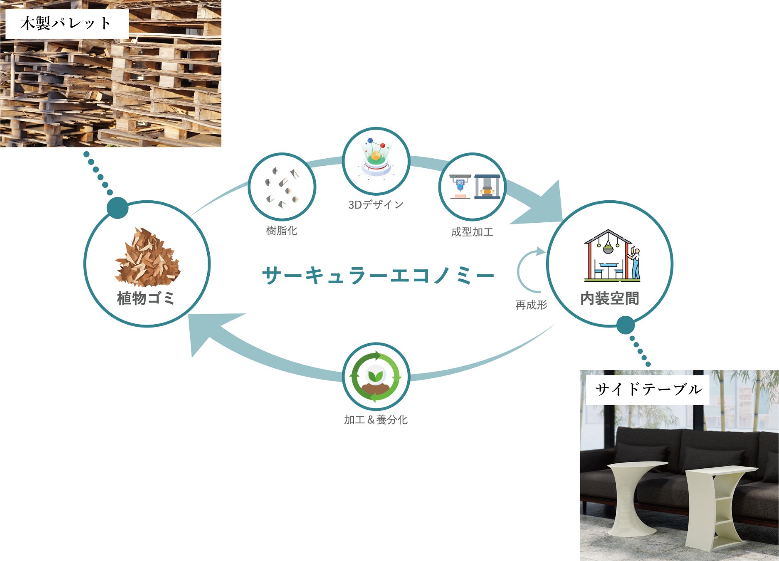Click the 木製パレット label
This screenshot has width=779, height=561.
coord(66,23)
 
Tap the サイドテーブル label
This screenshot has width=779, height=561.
coord(648,389)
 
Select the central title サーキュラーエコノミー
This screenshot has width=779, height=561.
coord(378,275)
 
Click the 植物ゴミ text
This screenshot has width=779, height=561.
coord(146,298)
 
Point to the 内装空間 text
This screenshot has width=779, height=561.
coord(609,298)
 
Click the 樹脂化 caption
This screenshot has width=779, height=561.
coord(282,231)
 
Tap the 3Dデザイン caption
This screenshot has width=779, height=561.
coord(375,204)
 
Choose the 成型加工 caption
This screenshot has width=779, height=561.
coord(472,232)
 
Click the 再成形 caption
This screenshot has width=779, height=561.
coord(531,305)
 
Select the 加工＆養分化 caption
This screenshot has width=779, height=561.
coord(375,420)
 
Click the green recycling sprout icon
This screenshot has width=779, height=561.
coord(376,376)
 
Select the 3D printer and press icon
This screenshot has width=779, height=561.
coord(474,187)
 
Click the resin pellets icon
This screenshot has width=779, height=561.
coord(282,187)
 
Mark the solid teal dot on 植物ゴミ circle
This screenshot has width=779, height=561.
coord(118,208)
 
